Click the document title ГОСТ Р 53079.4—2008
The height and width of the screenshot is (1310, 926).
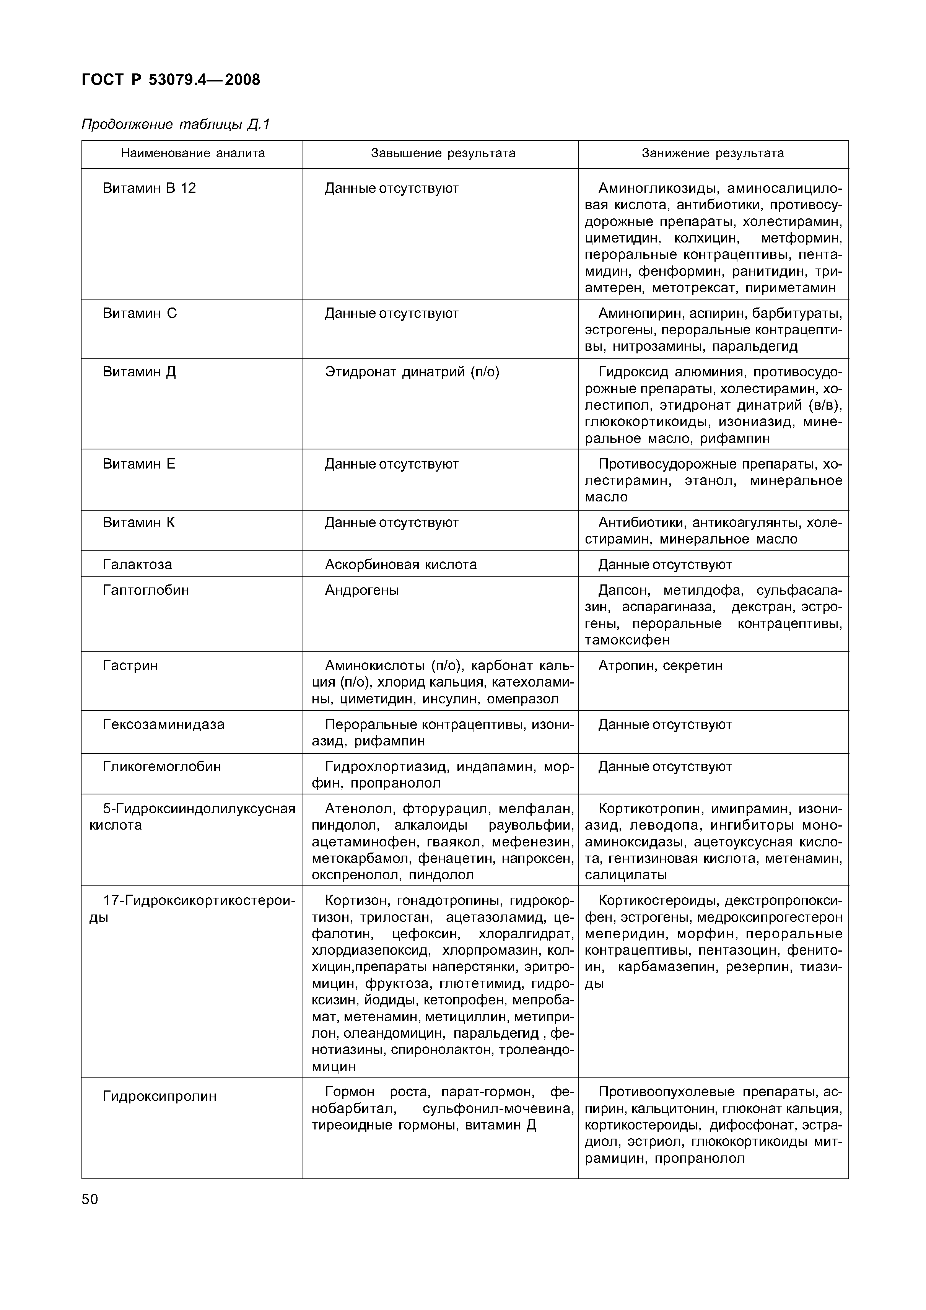171,80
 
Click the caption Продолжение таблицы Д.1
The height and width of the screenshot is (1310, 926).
175,124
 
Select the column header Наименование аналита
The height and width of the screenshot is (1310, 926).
193,153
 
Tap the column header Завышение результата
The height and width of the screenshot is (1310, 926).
443,153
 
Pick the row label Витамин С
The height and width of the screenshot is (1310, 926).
140,313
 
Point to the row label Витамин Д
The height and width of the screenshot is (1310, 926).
139,372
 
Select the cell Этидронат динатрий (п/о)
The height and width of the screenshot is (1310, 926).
412,372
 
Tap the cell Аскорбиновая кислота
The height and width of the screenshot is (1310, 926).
400,565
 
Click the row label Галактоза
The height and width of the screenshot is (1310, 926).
137,565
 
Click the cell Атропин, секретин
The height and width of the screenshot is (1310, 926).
660,666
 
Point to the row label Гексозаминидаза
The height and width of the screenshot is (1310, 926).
164,724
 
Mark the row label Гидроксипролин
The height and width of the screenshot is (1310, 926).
160,1096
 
